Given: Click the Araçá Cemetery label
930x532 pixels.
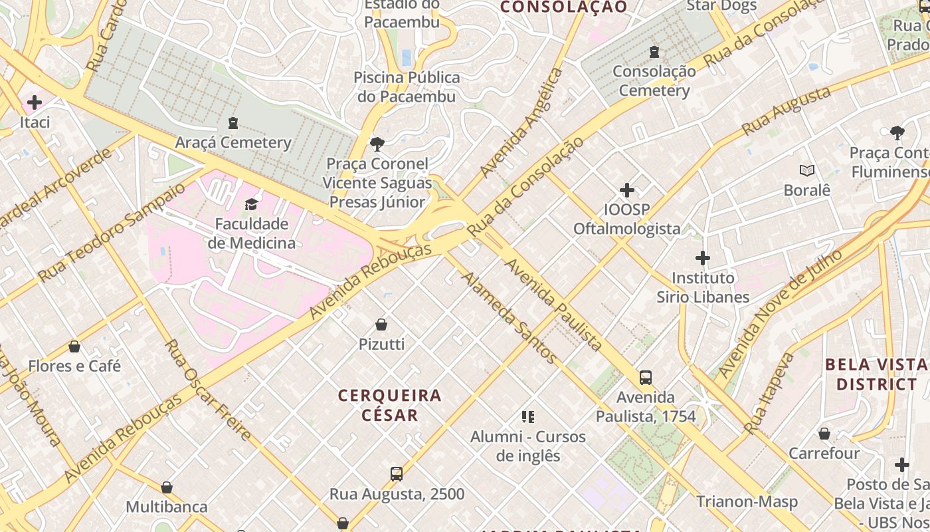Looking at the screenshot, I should coord(233,142).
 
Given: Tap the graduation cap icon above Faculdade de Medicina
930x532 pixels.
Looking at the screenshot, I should coord(252,203).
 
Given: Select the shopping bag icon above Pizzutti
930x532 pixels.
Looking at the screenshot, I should coord(381,325).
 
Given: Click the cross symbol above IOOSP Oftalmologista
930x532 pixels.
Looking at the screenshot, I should coord(627,190).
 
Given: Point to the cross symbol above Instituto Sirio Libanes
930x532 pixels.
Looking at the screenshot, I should coord(703,258).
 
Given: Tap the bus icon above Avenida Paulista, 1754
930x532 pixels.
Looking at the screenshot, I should coord(645,378).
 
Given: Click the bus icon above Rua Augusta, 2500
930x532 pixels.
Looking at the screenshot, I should coord(397,474).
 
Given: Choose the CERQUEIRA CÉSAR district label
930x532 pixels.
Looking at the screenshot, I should coord(390,405).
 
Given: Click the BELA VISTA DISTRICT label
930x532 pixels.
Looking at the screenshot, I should coord(876,374).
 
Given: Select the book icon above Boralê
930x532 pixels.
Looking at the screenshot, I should coord(807,171).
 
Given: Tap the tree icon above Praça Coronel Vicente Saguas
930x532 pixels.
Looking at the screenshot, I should coord(377,144).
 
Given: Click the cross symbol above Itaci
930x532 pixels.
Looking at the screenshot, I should coord(35,102).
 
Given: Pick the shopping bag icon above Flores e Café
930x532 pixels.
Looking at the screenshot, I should coord(74,346).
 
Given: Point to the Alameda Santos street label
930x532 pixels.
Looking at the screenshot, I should coord(510,317).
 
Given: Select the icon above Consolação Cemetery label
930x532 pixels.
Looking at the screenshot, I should coord(654,51).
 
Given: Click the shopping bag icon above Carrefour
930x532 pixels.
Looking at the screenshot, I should coord(824,434).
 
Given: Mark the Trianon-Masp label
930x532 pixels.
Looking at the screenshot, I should coord(747,501).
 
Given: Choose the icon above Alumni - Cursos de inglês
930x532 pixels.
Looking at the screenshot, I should coord(528,417).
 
